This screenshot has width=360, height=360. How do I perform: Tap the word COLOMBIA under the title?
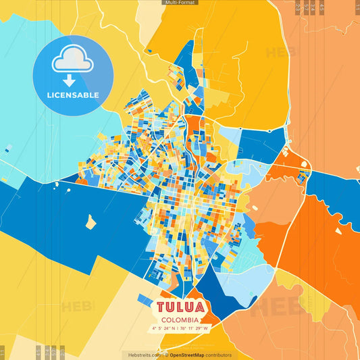coord(180,319)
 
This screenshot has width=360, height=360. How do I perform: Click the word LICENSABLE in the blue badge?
coord(73,95)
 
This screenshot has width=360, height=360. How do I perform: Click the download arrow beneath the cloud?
coord(73,79)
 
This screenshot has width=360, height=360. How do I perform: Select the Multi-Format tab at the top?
coord(180,3)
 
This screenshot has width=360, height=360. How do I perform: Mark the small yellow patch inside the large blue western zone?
coord(90,221)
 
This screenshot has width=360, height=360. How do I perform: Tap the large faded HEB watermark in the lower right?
coord(277,307)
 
